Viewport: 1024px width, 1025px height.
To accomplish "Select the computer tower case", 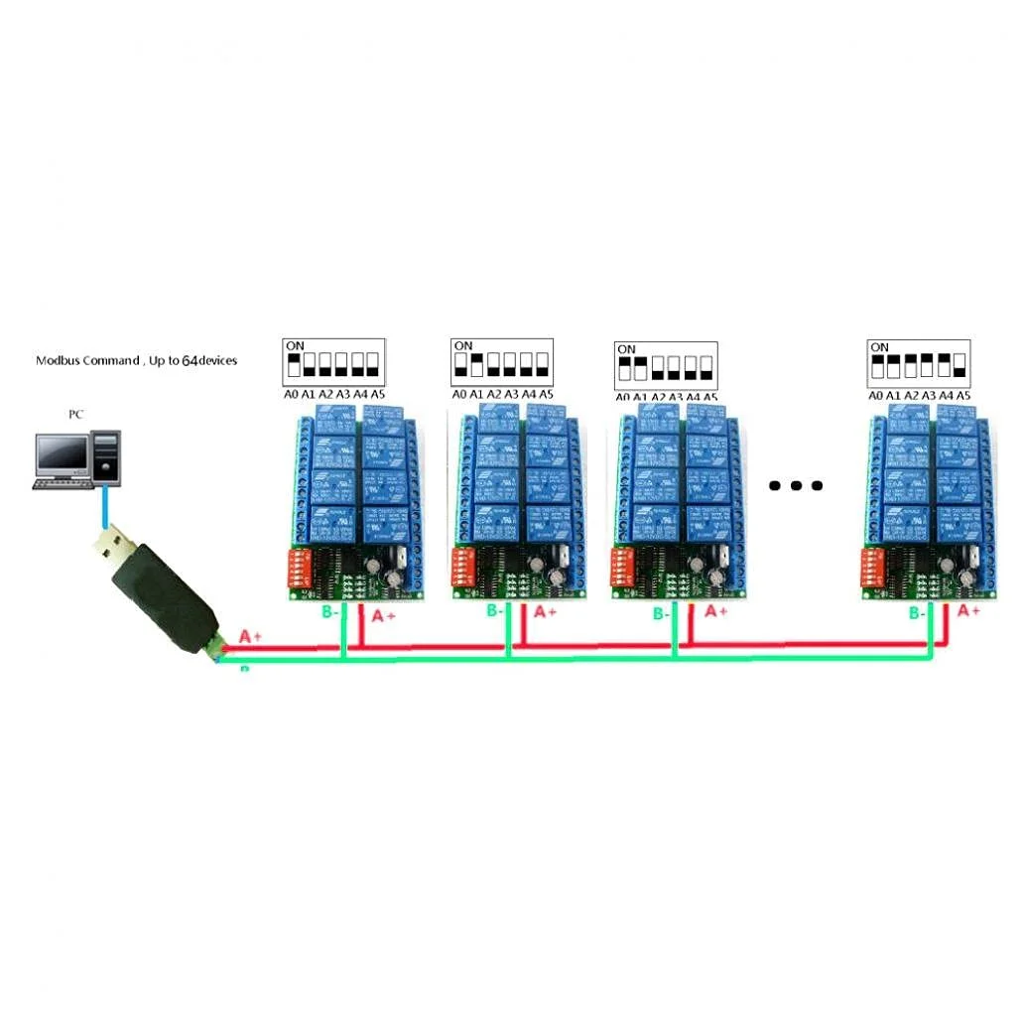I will click(x=106, y=456).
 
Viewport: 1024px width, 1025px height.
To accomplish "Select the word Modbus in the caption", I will click(x=59, y=361).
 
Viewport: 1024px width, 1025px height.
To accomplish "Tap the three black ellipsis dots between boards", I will click(x=796, y=485).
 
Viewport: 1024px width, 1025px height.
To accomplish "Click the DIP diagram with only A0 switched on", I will click(x=333, y=364).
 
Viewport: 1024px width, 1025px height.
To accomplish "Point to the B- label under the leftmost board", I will click(x=331, y=613).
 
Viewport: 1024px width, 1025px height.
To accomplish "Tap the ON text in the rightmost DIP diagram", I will click(x=879, y=347).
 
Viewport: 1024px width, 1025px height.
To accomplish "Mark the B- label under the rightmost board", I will click(x=919, y=614).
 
